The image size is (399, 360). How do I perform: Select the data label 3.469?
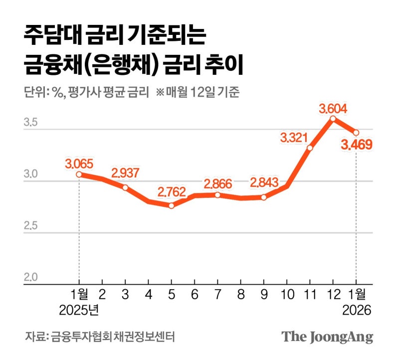pyautogui.click(x=356, y=146)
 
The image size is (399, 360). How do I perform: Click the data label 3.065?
pyautogui.click(x=79, y=163)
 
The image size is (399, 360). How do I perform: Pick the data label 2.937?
pyautogui.click(x=125, y=174)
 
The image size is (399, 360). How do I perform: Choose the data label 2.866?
pyautogui.click(x=218, y=184)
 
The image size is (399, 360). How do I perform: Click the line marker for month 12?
pyautogui.click(x=333, y=119)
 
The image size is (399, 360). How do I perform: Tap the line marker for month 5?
pyautogui.click(x=172, y=205)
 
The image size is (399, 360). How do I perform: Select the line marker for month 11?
pyautogui.click(x=310, y=148)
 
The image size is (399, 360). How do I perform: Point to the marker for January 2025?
pyautogui.click(x=79, y=174)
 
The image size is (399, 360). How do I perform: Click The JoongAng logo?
pyautogui.click(x=327, y=337)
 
